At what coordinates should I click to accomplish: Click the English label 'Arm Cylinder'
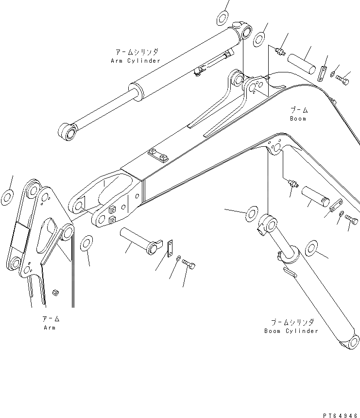click(x=136, y=61)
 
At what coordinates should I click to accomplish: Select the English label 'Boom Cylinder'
click(x=291, y=331)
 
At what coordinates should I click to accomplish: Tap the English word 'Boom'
click(x=298, y=118)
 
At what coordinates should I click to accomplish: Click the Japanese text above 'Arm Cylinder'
click(x=137, y=52)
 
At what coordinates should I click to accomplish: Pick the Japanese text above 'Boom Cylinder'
click(x=292, y=322)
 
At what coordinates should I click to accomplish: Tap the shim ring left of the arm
click(x=7, y=198)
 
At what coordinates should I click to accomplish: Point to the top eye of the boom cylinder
click(x=268, y=225)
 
